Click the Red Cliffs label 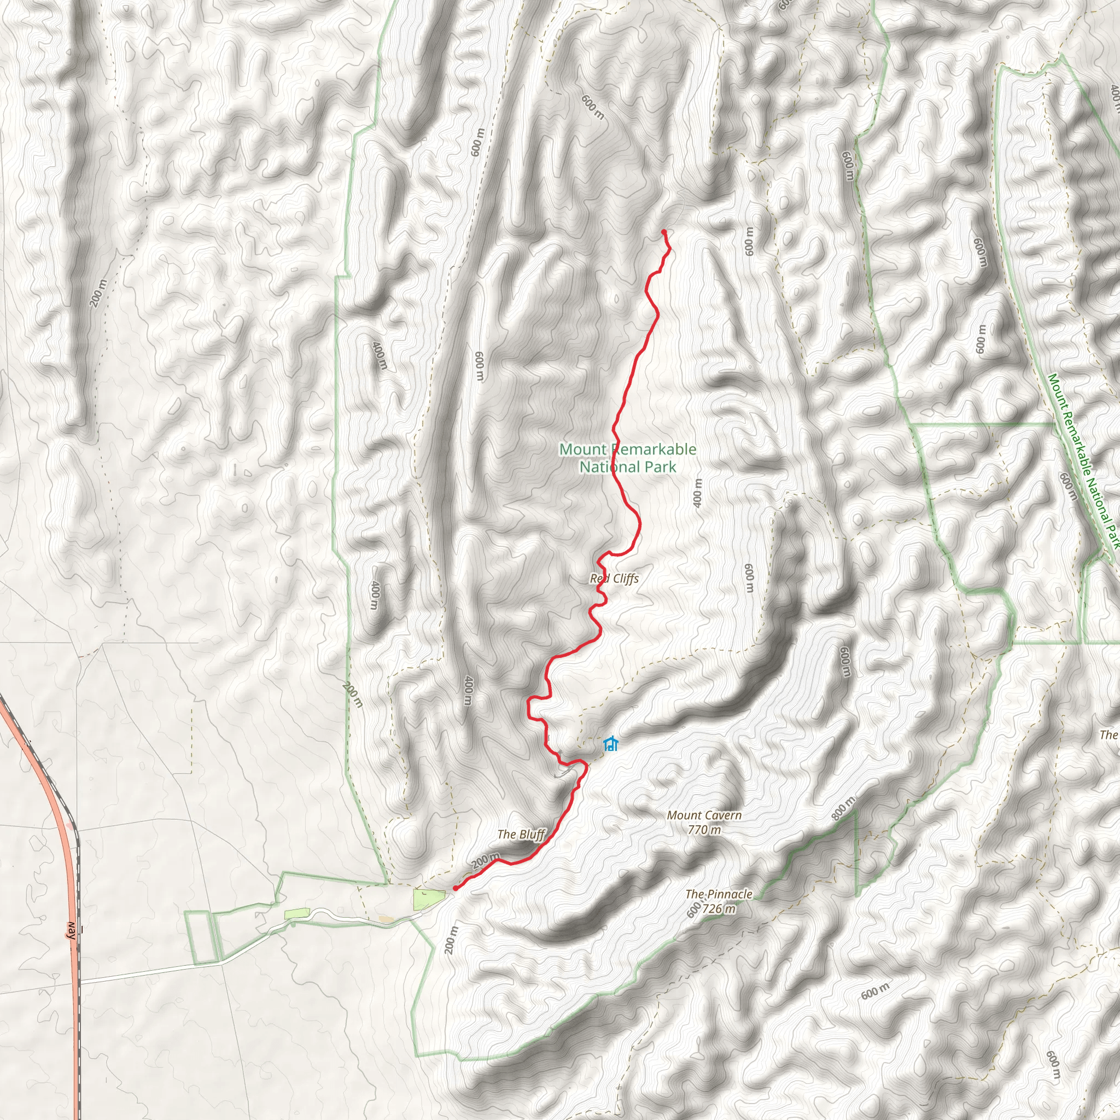click(614, 579)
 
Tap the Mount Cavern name click(704, 815)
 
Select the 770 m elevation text click(704, 830)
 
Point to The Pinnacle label click(718, 894)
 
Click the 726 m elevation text click(718, 908)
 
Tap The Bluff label click(521, 834)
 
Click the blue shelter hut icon click(610, 744)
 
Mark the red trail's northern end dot click(663, 232)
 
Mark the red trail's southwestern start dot click(456, 888)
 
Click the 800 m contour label click(843, 809)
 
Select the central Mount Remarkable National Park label click(628, 457)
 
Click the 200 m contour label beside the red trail click(486, 860)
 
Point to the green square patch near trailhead click(428, 899)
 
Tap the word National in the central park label click(606, 466)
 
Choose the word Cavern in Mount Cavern click(721, 815)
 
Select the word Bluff click(532, 834)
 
